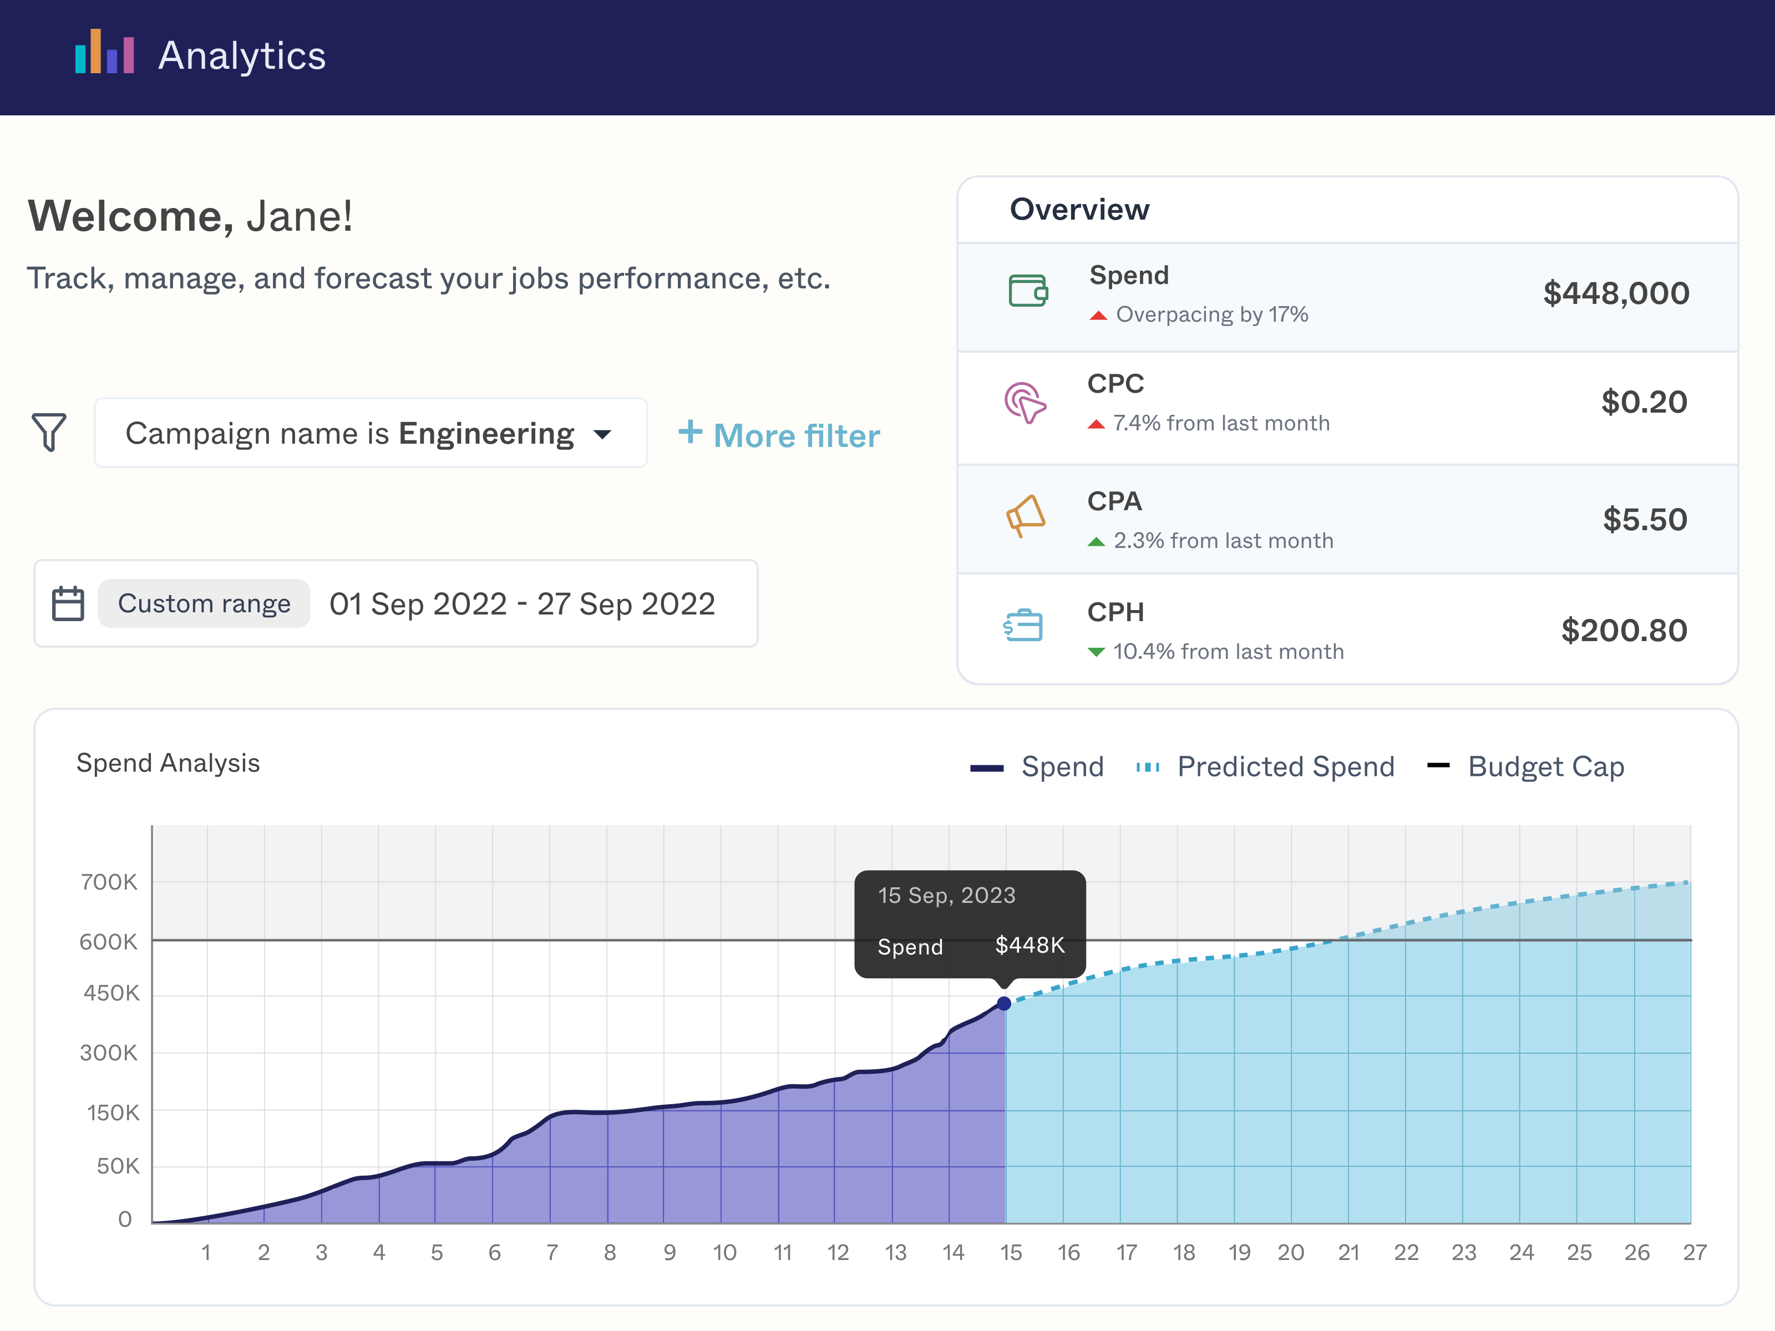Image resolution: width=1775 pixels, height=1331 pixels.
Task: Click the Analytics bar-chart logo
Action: point(104,53)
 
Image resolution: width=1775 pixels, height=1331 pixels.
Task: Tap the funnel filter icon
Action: point(49,433)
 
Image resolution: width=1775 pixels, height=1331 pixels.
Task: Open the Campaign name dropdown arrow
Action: point(602,435)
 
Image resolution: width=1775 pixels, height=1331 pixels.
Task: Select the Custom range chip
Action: point(204,603)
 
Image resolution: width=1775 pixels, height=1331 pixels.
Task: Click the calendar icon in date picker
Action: point(68,603)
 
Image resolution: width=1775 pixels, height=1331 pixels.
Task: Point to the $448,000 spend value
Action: point(1615,293)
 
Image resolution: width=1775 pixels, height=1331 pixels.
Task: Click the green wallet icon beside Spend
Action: point(1028,291)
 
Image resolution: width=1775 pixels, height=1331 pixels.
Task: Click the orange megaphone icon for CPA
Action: point(1026,515)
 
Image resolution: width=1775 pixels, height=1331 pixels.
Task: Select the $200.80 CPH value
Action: point(1624,631)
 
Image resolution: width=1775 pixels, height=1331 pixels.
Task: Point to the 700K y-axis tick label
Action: point(109,882)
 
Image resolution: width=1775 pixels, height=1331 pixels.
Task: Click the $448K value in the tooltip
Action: point(1029,945)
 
